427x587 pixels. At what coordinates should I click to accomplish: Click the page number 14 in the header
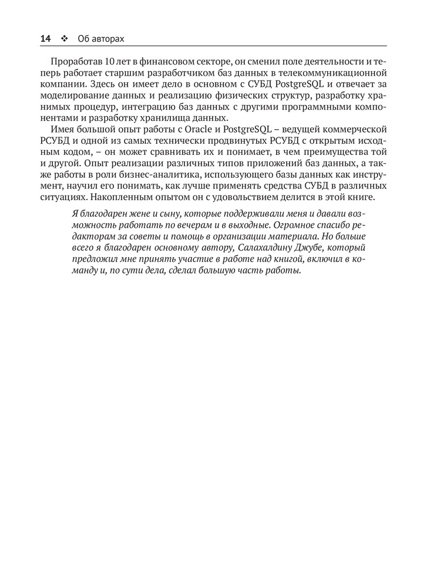(45, 39)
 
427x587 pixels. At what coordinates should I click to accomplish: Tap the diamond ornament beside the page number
(63, 39)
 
